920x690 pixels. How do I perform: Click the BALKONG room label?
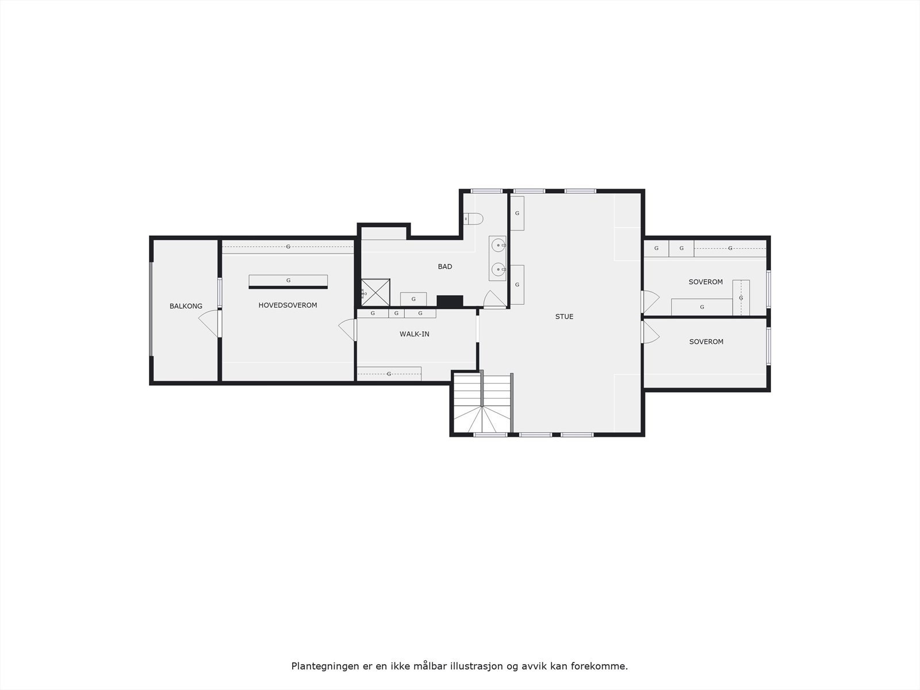(186, 306)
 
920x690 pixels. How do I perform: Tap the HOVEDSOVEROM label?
(287, 305)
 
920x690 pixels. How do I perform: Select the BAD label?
(445, 267)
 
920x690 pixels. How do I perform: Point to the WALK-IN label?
(415, 334)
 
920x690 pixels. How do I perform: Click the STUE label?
(564, 317)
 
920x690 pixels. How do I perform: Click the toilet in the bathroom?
(474, 219)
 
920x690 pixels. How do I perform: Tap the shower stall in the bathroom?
(375, 293)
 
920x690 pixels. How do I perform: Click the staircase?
(481, 402)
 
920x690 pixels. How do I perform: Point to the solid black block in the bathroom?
(450, 301)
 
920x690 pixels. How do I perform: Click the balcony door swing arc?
(208, 324)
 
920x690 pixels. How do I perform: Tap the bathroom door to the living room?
(494, 300)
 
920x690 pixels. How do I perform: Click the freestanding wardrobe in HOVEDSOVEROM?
(288, 281)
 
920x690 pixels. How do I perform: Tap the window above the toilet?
(486, 191)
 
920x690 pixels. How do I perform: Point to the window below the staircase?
(490, 435)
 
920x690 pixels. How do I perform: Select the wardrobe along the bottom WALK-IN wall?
(389, 374)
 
